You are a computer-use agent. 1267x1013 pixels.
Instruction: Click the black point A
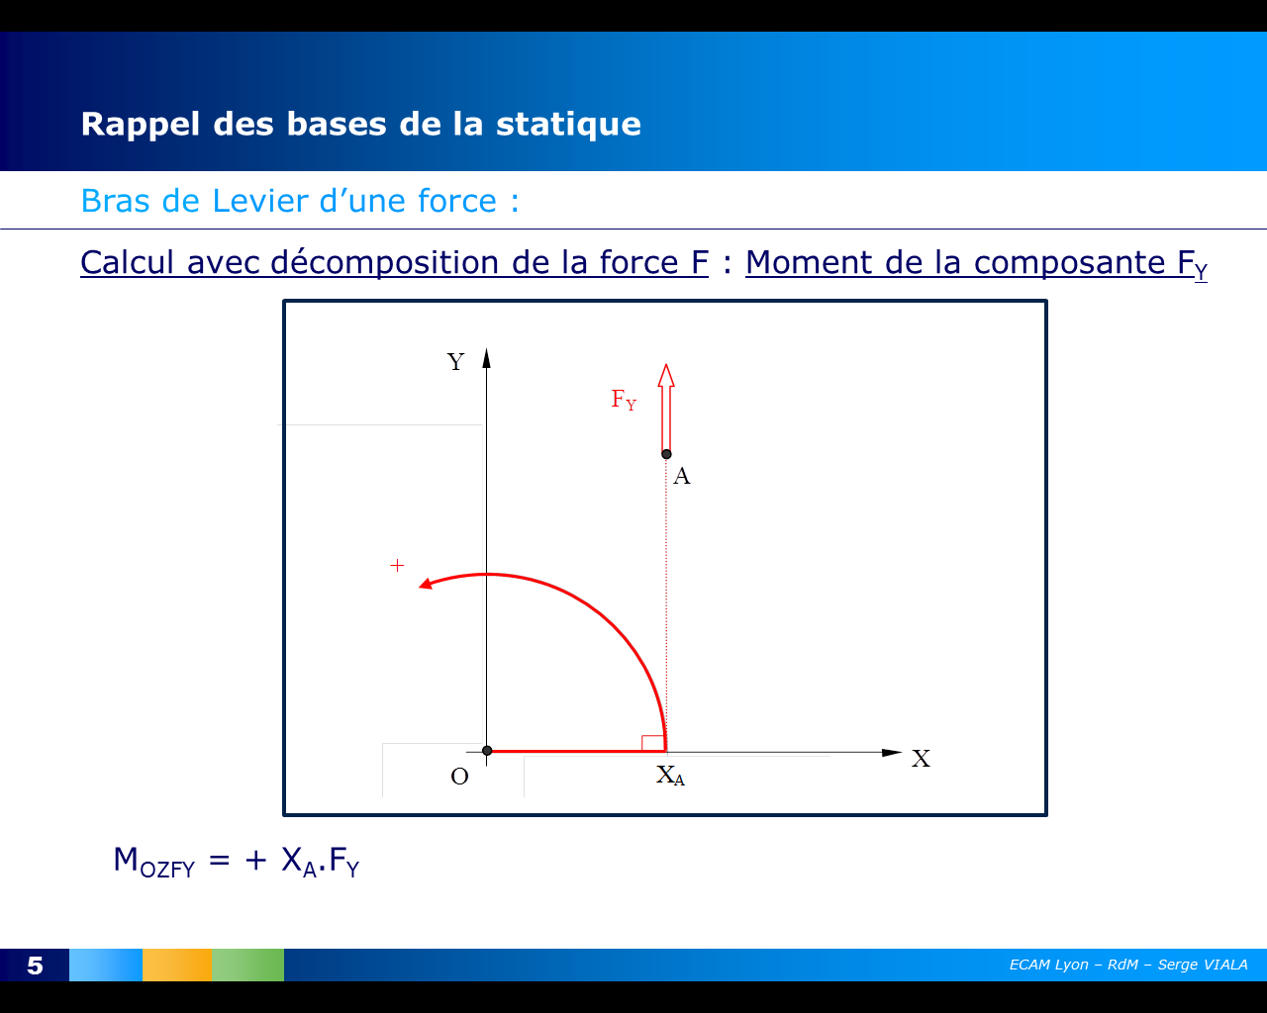[x=666, y=454]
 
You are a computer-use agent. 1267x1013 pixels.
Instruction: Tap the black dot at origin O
[x=487, y=751]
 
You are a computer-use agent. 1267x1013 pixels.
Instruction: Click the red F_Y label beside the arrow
[x=624, y=400]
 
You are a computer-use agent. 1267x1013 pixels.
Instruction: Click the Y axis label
[x=455, y=362]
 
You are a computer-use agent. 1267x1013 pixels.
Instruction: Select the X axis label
[x=921, y=759]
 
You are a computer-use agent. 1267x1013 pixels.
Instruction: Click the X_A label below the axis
[x=670, y=776]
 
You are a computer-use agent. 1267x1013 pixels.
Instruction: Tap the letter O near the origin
[x=459, y=777]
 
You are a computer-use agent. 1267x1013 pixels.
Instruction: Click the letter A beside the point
[x=682, y=477]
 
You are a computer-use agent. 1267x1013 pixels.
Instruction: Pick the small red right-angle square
[x=652, y=743]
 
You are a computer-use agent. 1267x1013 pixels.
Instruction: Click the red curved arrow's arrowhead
[x=426, y=584]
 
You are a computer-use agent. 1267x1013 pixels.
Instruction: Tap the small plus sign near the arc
[x=397, y=566]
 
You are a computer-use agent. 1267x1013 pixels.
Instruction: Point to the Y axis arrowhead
[x=486, y=357]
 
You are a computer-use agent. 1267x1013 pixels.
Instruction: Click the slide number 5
[x=36, y=966]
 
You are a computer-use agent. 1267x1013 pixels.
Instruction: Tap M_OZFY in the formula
[x=153, y=861]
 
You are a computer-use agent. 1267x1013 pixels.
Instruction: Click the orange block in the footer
[x=177, y=965]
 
